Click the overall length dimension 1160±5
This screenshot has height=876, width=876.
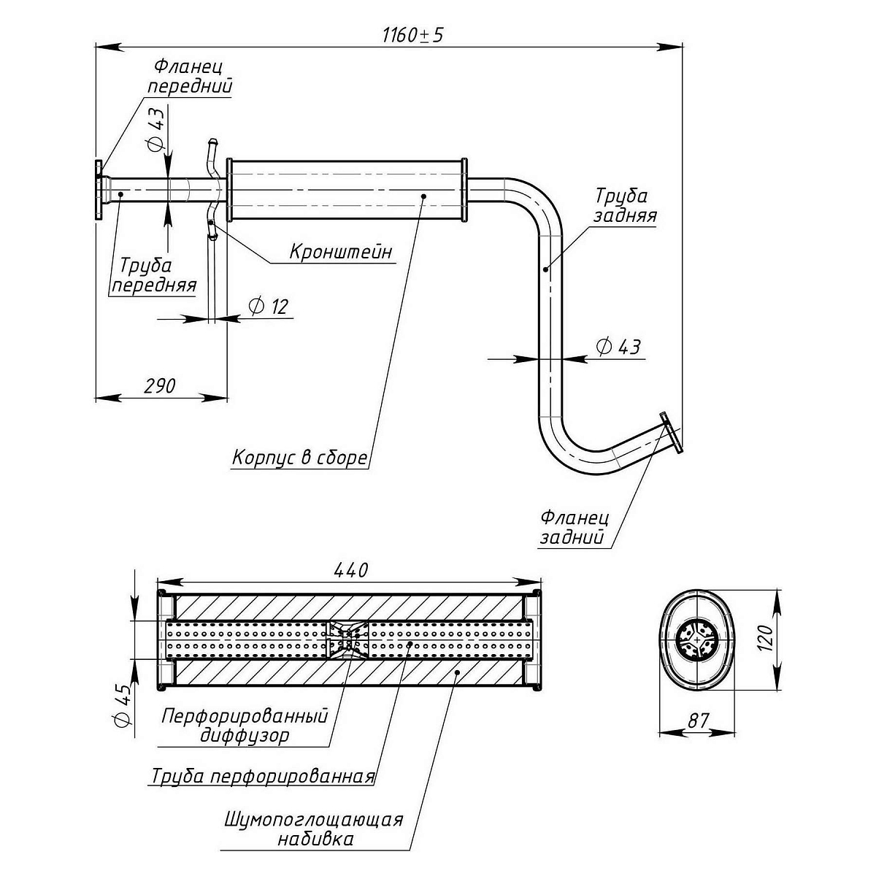pyautogui.click(x=412, y=35)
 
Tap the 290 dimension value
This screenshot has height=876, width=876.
pyautogui.click(x=161, y=385)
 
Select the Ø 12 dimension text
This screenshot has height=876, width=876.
pyautogui.click(x=269, y=307)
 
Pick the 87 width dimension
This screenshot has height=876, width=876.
pyautogui.click(x=699, y=721)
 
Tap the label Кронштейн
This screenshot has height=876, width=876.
pyautogui.click(x=341, y=252)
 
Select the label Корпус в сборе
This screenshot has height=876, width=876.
pyautogui.click(x=299, y=458)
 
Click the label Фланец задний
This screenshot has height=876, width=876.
pyautogui.click(x=575, y=528)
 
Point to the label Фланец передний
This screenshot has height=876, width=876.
pyautogui.click(x=191, y=76)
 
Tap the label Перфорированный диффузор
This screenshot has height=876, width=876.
pyautogui.click(x=245, y=724)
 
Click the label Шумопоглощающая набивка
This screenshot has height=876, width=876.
pyautogui.click(x=315, y=829)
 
